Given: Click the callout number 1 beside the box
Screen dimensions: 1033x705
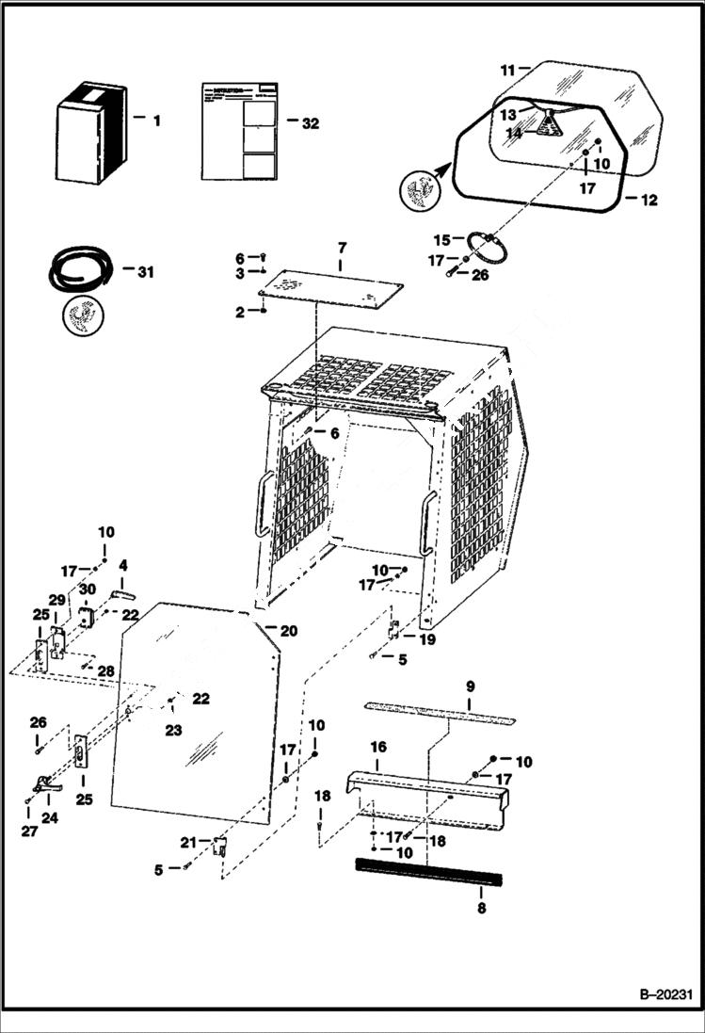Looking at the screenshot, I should point(156,121).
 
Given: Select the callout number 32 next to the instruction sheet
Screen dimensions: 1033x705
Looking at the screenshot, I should point(309,122).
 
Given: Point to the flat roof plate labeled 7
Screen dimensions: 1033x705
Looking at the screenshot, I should point(334,286).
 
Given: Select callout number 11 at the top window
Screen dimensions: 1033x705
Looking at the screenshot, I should point(507,70).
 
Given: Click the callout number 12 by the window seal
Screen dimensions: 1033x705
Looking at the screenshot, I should point(649,200).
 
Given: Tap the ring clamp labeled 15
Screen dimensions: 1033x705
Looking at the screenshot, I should point(491,247).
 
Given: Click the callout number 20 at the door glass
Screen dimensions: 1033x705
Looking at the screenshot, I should point(288,630).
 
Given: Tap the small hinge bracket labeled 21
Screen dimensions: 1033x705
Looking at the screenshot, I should point(220,845).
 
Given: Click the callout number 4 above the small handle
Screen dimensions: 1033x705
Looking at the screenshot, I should point(122,567).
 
